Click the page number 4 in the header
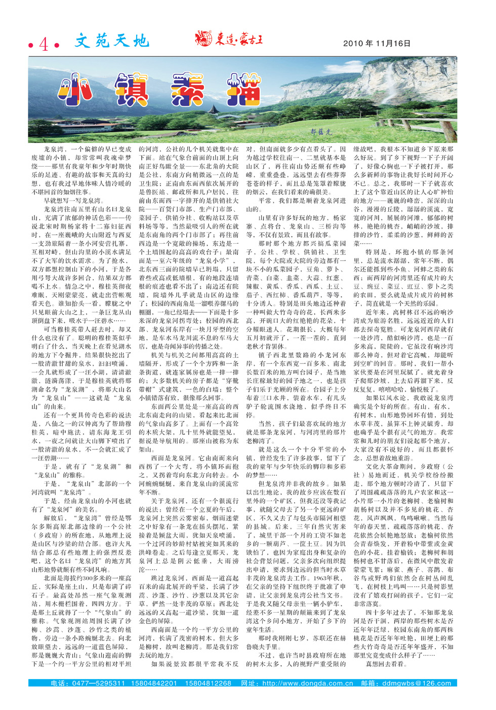(44, 45)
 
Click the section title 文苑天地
(112, 41)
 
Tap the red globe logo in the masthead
(204, 38)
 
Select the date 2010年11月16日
(377, 44)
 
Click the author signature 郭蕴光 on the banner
(321, 131)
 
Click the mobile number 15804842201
(154, 683)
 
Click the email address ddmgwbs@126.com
(416, 683)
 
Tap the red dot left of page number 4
(31, 46)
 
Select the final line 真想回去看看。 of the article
(386, 664)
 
